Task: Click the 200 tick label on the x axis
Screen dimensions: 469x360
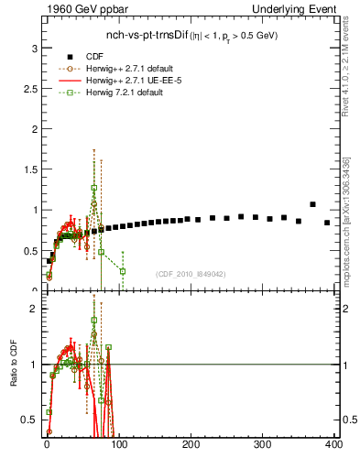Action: [191, 444]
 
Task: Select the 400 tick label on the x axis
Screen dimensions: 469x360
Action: [333, 444]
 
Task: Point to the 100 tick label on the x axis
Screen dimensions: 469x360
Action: [118, 444]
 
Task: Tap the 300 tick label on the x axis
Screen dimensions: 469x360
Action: [262, 444]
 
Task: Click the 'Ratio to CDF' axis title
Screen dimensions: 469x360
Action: [13, 364]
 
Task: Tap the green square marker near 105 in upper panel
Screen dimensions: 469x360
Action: [122, 271]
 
